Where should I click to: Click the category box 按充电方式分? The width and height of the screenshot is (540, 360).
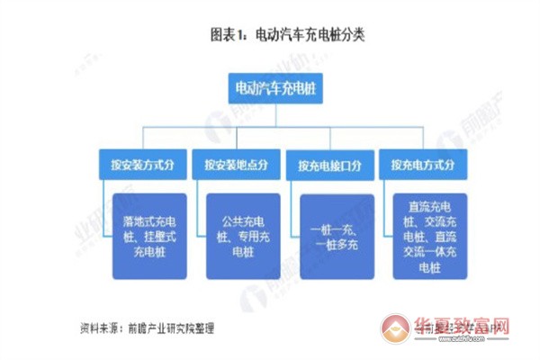[x=422, y=166]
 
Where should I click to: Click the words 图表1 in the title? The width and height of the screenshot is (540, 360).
[x=228, y=36]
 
